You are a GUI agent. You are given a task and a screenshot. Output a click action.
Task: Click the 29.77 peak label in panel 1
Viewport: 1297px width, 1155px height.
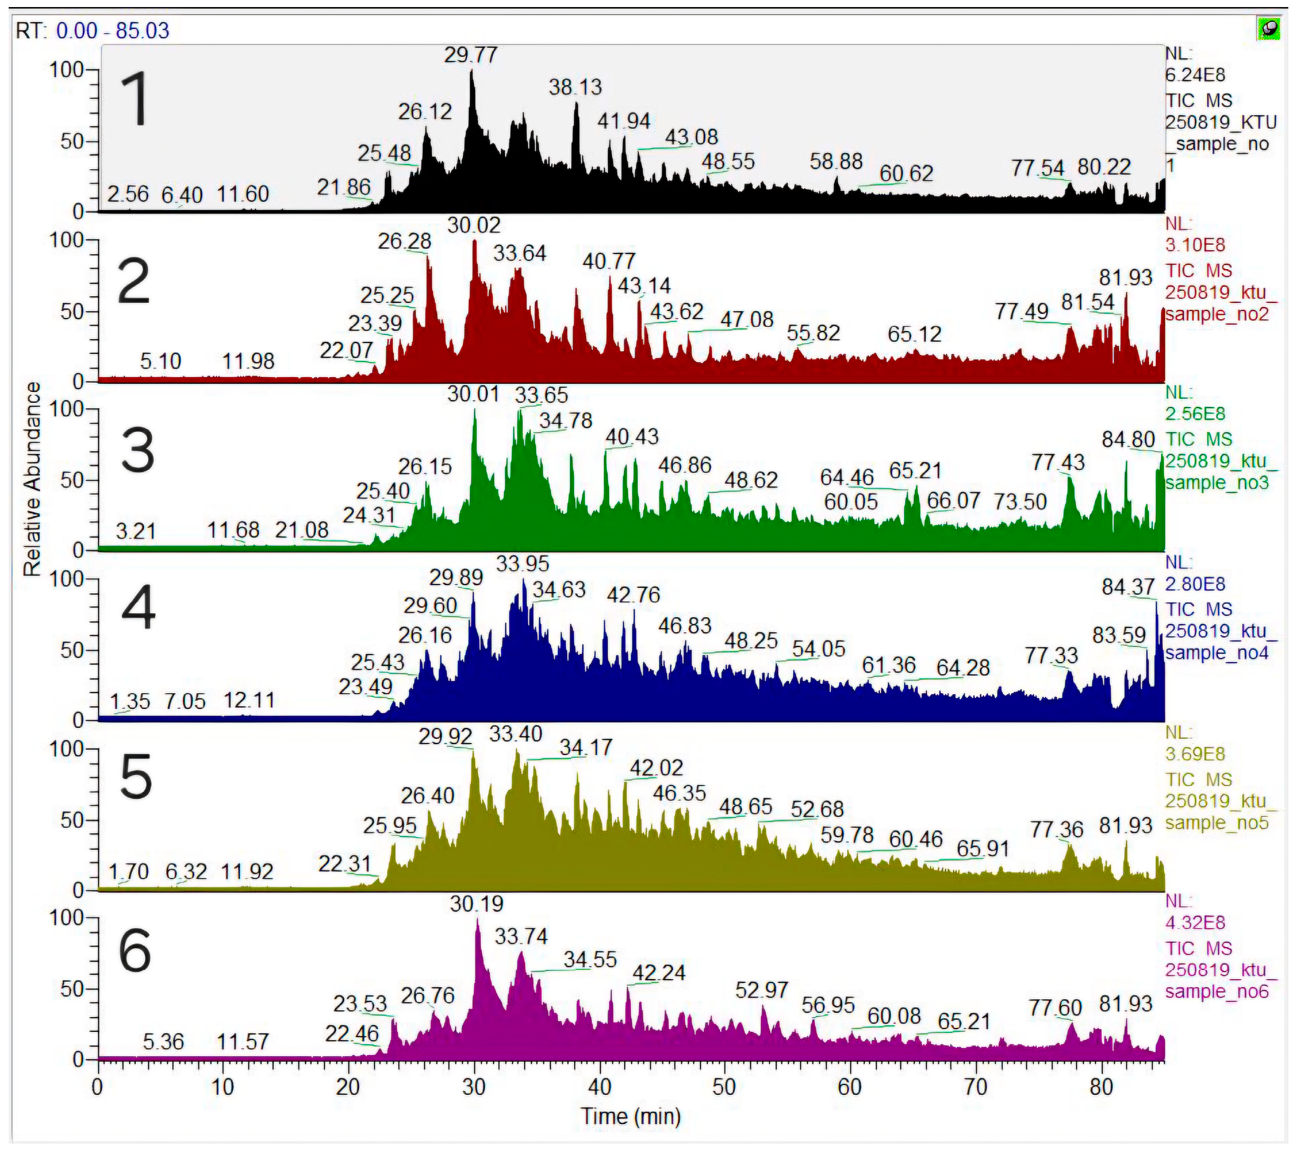[470, 56]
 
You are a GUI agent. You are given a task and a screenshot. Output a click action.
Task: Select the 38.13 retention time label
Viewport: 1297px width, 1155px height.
[575, 87]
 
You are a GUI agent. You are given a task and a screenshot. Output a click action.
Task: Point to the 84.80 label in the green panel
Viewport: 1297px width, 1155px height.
[1128, 440]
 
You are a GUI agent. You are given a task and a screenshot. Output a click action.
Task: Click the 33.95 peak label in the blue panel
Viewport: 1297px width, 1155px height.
[522, 563]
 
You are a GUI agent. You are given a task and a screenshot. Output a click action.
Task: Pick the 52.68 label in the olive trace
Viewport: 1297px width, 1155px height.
[817, 810]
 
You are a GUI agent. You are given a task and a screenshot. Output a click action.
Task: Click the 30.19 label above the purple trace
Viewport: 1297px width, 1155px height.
[476, 904]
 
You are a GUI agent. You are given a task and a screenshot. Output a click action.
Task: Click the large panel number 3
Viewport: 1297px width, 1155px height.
[137, 450]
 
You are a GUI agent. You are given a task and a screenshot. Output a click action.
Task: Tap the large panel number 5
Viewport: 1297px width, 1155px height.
[136, 778]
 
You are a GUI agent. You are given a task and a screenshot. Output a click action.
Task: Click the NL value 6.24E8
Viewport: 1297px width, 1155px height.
[1195, 75]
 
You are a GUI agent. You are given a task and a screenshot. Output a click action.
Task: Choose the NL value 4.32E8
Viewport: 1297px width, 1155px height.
[1195, 923]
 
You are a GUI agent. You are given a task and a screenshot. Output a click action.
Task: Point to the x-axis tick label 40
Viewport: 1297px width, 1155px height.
[599, 1088]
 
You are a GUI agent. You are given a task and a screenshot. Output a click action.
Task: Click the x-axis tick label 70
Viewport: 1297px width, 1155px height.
[976, 1088]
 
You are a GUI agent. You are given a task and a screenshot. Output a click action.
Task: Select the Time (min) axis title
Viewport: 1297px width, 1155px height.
[631, 1116]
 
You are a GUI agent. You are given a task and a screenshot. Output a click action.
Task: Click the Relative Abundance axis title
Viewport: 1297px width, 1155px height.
[31, 479]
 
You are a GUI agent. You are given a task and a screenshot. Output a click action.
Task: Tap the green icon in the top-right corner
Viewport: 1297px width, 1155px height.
[1268, 29]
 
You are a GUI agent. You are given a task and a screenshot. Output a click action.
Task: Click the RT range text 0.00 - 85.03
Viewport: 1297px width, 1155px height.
[112, 30]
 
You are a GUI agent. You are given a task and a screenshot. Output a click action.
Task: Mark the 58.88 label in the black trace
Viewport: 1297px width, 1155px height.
[836, 162]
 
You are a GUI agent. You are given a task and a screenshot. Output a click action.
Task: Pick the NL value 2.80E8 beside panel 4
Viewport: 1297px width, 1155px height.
[1195, 585]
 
